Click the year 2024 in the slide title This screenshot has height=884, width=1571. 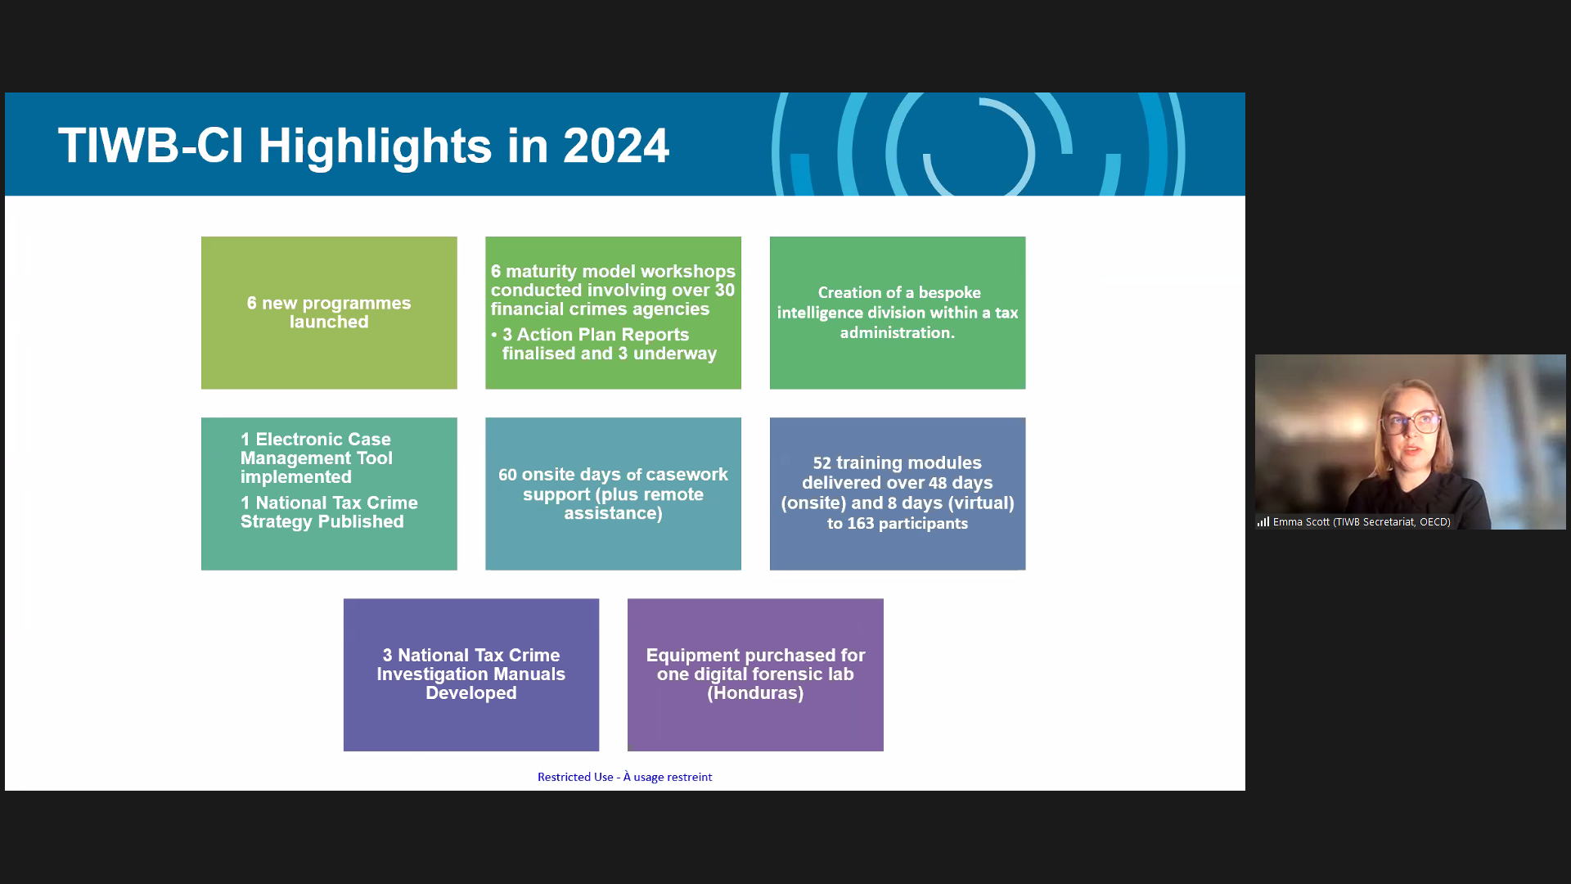pos(616,146)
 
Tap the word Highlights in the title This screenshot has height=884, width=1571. pos(376,147)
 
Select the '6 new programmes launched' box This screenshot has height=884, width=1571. pos(329,313)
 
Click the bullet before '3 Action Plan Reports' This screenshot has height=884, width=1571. pos(494,335)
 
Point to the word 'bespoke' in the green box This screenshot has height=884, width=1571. pos(949,293)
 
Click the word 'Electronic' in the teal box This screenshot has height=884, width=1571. pos(323,440)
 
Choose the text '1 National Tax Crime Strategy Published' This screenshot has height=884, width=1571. pos(329,512)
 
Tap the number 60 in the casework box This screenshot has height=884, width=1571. pos(507,475)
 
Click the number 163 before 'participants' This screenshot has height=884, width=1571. pos(861,523)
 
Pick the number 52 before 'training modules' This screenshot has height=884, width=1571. pos(822,463)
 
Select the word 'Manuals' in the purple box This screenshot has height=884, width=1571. pos(532,674)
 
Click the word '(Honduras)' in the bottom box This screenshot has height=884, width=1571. pos(755,693)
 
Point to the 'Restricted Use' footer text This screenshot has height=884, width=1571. pos(575,777)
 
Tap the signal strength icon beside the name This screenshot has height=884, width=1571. pos(1263,521)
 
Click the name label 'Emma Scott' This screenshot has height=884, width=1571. pos(1301,522)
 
